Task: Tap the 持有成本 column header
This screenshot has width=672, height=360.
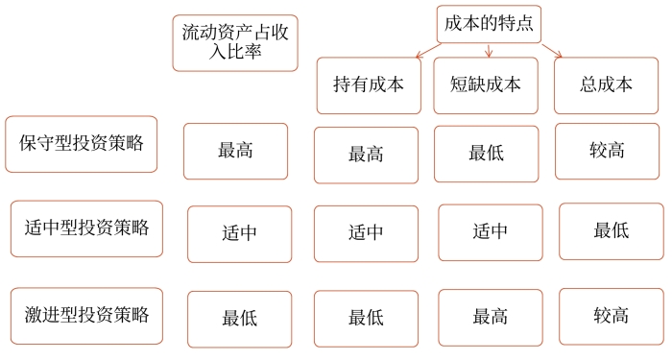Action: pos(366,84)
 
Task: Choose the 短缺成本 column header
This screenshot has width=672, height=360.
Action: pos(485,84)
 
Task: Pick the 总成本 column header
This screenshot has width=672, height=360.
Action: pos(606,84)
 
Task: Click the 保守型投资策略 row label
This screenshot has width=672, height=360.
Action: pos(81,144)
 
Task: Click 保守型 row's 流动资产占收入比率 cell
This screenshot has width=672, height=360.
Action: pos(235,151)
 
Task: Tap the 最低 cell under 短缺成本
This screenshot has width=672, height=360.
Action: pos(486,154)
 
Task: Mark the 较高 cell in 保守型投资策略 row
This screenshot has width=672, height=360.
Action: pos(607,151)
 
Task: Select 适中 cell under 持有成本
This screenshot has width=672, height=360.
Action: pos(366,233)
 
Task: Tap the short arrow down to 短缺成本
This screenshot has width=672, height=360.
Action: pos(490,50)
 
